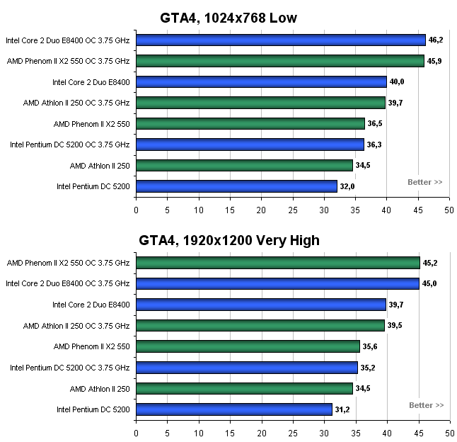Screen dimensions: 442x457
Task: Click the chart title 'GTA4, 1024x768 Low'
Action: coord(228,18)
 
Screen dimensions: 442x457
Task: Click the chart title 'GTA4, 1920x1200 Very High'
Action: coord(228,241)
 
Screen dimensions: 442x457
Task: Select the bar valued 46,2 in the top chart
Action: coord(280,40)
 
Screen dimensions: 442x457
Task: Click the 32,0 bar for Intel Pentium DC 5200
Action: coord(236,186)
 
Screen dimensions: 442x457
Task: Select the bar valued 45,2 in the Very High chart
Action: coord(277,263)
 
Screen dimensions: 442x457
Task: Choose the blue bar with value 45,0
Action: coord(277,284)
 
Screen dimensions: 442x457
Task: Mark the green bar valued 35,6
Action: coord(248,346)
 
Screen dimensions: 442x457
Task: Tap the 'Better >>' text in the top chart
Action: coord(425,182)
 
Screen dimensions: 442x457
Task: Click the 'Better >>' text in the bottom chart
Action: coord(427,405)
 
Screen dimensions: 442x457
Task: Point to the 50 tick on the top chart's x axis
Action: coord(449,210)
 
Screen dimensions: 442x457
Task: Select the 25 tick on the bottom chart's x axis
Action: coord(292,433)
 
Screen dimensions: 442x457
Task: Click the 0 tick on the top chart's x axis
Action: coord(136,210)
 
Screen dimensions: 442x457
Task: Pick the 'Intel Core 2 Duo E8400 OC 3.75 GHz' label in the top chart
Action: coord(68,40)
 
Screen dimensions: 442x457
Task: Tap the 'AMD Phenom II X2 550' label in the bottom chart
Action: coord(92,346)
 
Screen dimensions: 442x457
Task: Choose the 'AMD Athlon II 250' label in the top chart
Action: coord(100,166)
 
